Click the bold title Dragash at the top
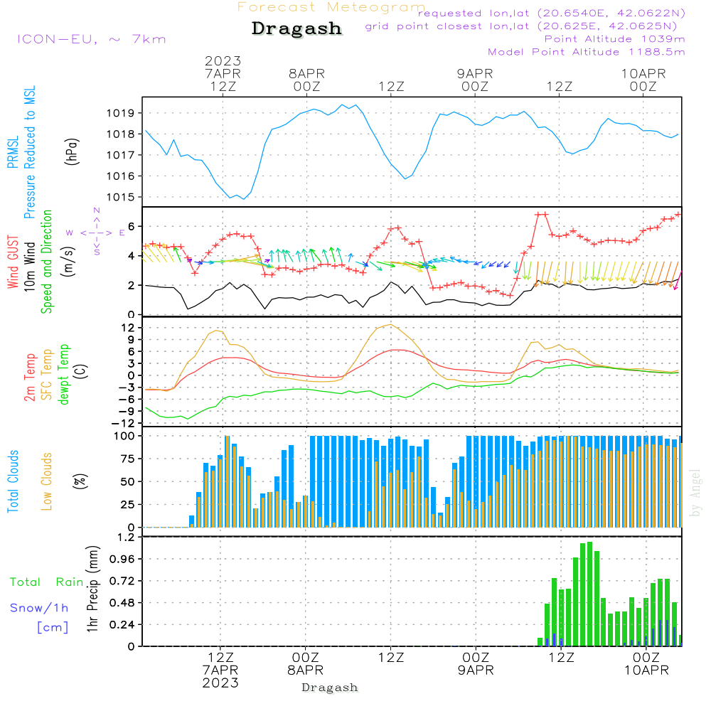296,29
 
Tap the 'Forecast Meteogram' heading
331,7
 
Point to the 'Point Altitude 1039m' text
614,39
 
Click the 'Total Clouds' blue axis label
14,481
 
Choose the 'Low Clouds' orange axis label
47,481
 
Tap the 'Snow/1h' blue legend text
39,609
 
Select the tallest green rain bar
589,594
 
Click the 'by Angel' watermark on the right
695,493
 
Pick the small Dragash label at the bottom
329,688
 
